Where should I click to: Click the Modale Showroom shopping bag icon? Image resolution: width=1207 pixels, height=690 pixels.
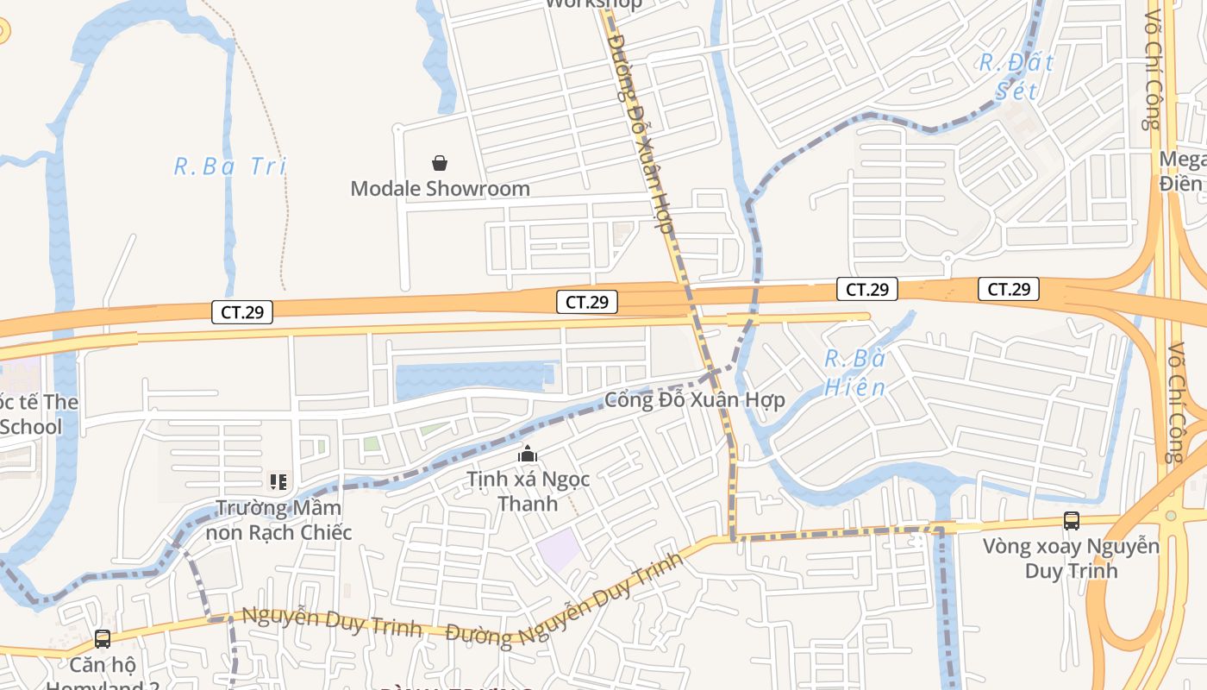(440, 162)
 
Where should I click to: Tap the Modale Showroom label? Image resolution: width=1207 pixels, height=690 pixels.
(440, 188)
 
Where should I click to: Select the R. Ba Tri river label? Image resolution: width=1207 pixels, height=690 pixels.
(229, 166)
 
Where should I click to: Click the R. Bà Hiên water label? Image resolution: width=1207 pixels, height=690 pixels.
(854, 373)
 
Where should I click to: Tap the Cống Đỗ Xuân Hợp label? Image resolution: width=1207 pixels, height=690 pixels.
(694, 400)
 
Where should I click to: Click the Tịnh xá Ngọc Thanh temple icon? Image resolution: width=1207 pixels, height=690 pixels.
(528, 454)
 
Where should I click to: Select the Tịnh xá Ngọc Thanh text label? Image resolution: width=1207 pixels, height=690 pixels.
(528, 491)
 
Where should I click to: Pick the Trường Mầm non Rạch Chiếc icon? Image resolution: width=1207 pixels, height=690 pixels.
(278, 482)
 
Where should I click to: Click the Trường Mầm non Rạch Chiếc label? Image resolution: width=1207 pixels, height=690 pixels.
(278, 520)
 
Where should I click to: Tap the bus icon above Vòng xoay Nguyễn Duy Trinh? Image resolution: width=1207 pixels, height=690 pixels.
(1071, 521)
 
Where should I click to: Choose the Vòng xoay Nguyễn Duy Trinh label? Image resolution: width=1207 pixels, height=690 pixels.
(1071, 558)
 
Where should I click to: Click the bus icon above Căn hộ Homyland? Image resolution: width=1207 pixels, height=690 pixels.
(102, 639)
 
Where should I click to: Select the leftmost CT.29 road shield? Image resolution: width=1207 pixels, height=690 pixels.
(242, 312)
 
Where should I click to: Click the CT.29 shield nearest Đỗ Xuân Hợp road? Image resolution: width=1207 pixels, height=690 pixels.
(587, 302)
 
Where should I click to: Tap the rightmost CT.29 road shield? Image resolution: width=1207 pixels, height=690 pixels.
(1008, 290)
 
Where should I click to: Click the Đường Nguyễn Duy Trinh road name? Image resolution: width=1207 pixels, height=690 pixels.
(565, 601)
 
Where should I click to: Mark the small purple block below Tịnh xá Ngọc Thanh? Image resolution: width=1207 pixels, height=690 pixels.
(560, 549)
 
